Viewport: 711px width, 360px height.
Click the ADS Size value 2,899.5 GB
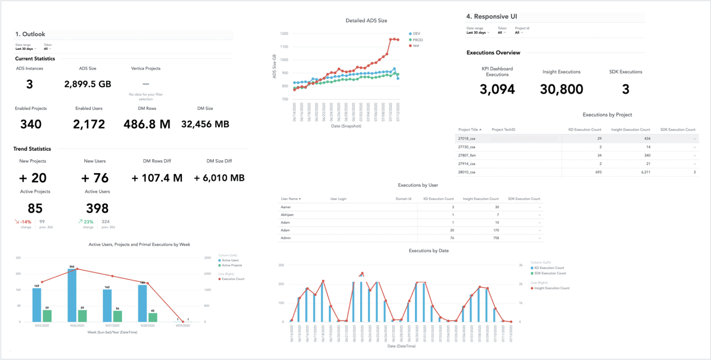coord(87,84)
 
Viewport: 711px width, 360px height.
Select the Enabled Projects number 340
coord(31,124)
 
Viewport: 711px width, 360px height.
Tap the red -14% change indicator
coord(23,222)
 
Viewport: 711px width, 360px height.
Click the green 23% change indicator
coord(86,222)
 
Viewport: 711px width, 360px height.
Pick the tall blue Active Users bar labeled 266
coord(72,294)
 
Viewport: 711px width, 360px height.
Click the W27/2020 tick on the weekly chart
coord(112,326)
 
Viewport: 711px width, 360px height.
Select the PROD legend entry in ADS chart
coord(417,40)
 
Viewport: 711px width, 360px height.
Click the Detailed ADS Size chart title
coord(366,21)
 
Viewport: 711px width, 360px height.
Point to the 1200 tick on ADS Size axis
coord(284,34)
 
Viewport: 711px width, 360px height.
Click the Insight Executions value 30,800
coord(561,90)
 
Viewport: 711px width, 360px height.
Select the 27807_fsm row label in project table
coord(467,155)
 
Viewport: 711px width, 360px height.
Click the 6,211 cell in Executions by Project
coord(645,173)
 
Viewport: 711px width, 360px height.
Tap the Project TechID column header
coord(503,130)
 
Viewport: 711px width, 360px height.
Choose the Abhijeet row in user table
coord(287,215)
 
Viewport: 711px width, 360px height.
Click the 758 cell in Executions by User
coord(496,238)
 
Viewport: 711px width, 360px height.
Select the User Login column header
coord(338,199)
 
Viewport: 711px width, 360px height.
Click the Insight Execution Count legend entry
coord(551,288)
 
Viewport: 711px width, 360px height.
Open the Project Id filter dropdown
coord(519,33)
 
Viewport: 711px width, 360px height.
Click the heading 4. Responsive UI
coord(491,17)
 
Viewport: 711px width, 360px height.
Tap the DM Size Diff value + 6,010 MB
coord(219,178)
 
